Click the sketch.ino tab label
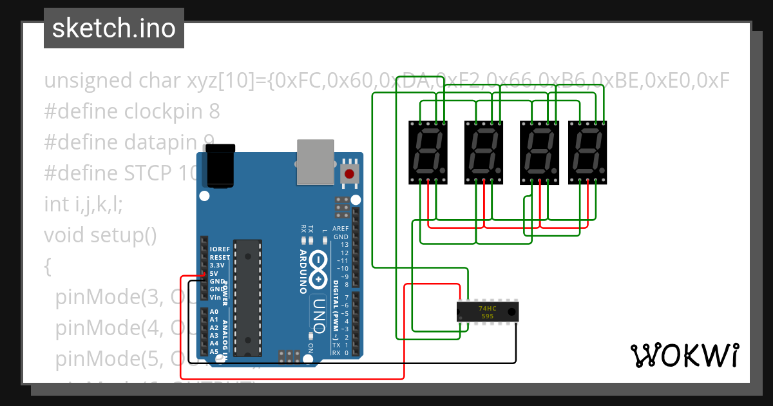[x=113, y=28]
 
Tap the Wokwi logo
[x=684, y=355]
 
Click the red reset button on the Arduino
[x=350, y=173]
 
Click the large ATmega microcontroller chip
[x=248, y=297]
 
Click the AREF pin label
[x=340, y=229]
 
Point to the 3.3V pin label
[x=217, y=265]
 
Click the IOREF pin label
[x=219, y=249]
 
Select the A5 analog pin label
[x=214, y=351]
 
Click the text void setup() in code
[x=100, y=235]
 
